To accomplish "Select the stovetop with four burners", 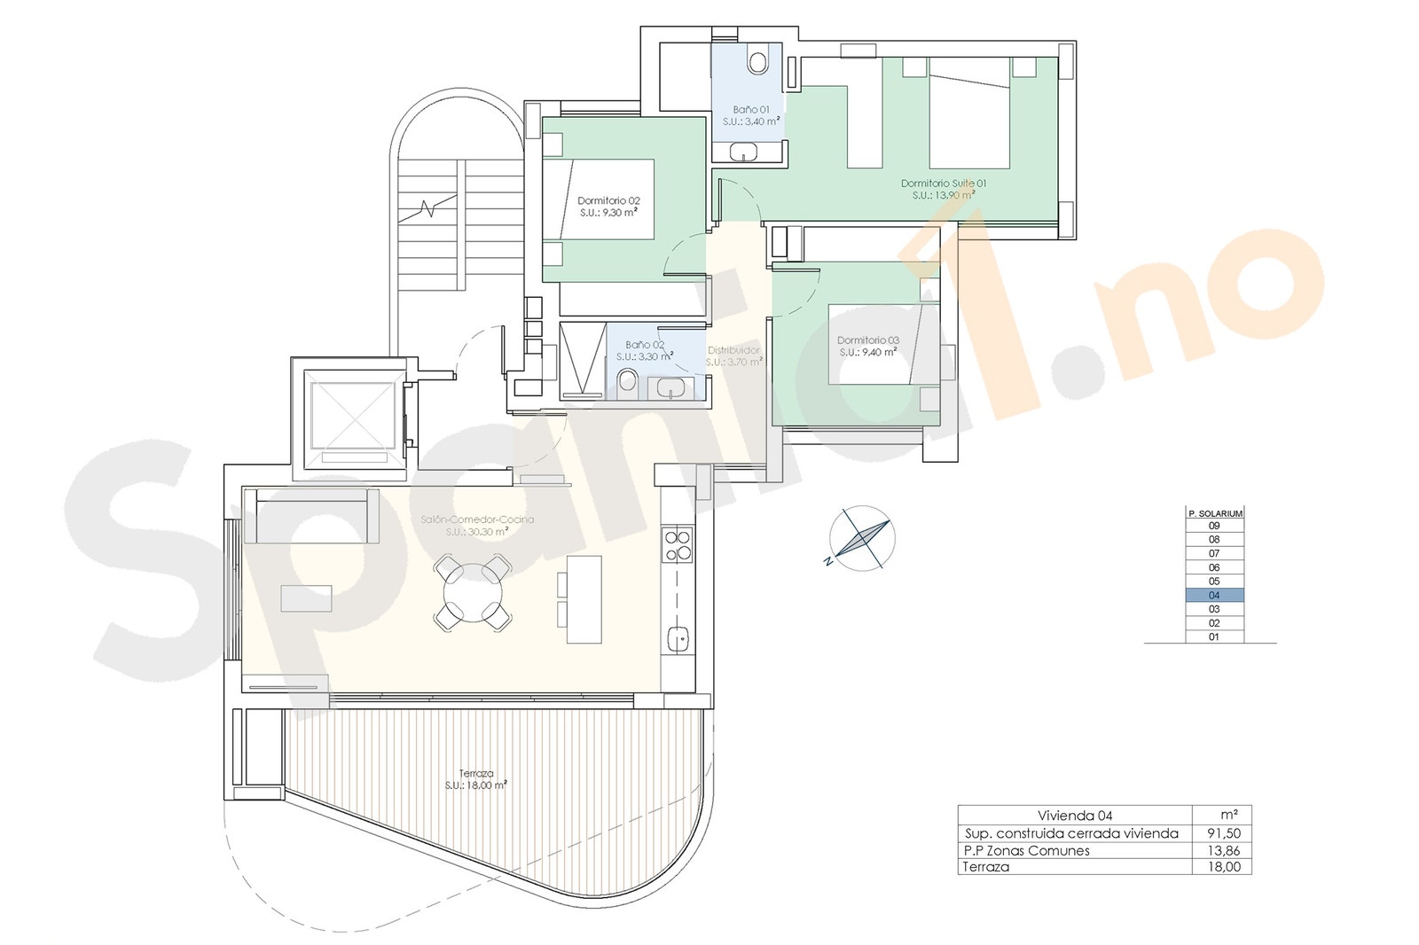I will [x=678, y=545].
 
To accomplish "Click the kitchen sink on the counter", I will [x=679, y=637].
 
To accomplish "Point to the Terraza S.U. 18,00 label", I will [x=476, y=779].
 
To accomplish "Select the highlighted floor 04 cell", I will [x=1214, y=596].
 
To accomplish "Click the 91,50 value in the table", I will [x=1224, y=834].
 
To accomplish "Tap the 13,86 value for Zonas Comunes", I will [x=1224, y=851].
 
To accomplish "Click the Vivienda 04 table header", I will [x=1074, y=816].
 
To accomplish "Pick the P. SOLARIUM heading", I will [x=1214, y=513].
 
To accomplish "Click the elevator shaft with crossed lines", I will [x=350, y=413].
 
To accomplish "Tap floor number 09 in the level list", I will [x=1214, y=526].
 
